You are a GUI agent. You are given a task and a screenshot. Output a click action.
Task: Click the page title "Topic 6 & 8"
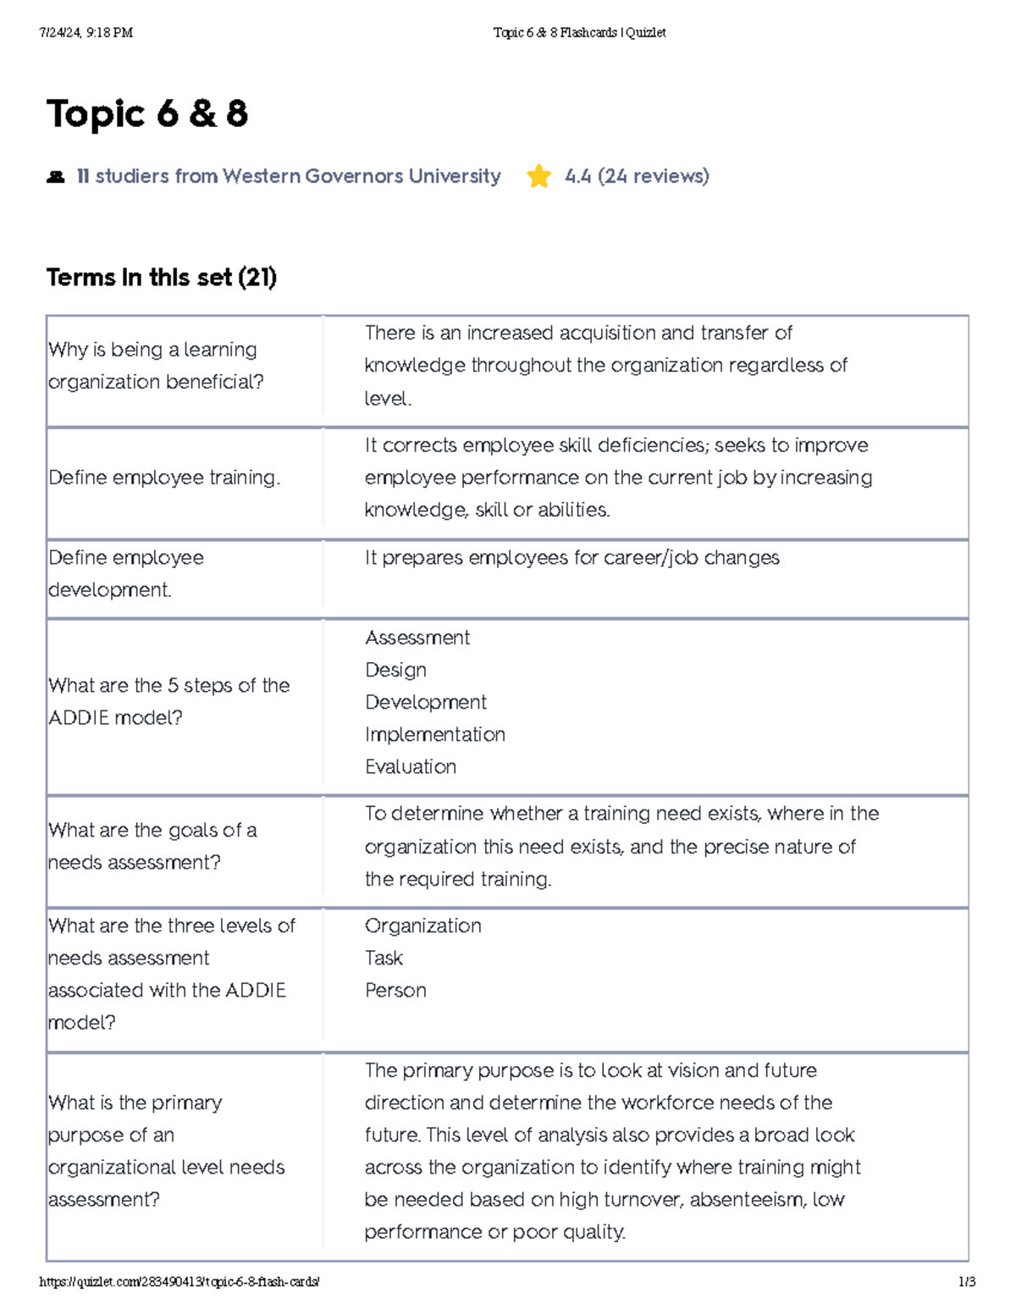point(147,113)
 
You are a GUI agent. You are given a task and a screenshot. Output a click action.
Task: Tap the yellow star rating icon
point(538,176)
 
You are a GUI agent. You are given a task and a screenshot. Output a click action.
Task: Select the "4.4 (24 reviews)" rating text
point(637,176)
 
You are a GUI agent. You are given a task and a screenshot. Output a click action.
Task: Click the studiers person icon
point(56,177)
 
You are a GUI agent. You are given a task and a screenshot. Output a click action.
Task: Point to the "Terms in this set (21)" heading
point(161,277)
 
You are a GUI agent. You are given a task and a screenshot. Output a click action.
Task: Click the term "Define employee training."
point(164,478)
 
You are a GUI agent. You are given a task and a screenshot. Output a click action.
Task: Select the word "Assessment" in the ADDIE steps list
point(417,638)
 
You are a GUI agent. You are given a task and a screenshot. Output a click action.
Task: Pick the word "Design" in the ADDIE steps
point(395,670)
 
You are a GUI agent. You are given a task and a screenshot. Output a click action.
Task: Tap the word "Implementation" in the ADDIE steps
point(435,734)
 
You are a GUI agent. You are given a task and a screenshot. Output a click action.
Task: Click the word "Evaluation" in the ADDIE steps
point(411,766)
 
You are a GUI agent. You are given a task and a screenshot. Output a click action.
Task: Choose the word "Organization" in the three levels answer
point(423,925)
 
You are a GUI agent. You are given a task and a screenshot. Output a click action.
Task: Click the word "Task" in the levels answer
point(384,958)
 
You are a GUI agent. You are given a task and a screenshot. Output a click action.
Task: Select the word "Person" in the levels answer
point(395,990)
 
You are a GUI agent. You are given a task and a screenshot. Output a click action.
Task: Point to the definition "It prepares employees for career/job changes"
point(572,558)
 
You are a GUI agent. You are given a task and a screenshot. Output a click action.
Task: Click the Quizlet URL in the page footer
point(179,1282)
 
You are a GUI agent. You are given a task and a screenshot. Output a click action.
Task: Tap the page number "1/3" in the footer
point(967,1282)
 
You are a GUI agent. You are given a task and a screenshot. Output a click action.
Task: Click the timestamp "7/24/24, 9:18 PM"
point(86,33)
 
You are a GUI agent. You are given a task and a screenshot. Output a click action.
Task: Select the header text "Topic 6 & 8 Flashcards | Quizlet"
point(579,33)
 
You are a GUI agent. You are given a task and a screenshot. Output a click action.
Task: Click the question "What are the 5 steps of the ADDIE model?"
point(168,701)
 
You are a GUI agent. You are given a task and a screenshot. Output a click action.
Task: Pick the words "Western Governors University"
point(362,176)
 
